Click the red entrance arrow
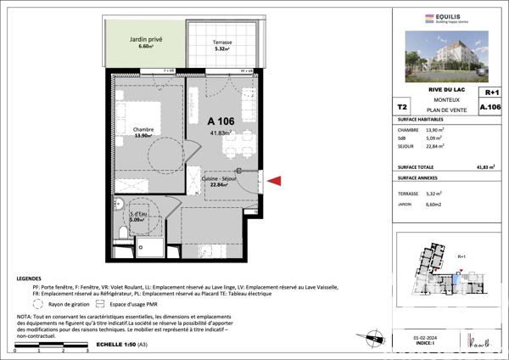(x=276, y=178)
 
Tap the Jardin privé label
(x=146, y=40)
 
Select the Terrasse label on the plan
(x=222, y=42)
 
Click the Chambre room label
(x=142, y=130)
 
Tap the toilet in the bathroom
(x=125, y=233)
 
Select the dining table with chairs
(x=233, y=144)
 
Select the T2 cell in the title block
(x=401, y=108)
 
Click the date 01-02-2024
(x=423, y=338)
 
